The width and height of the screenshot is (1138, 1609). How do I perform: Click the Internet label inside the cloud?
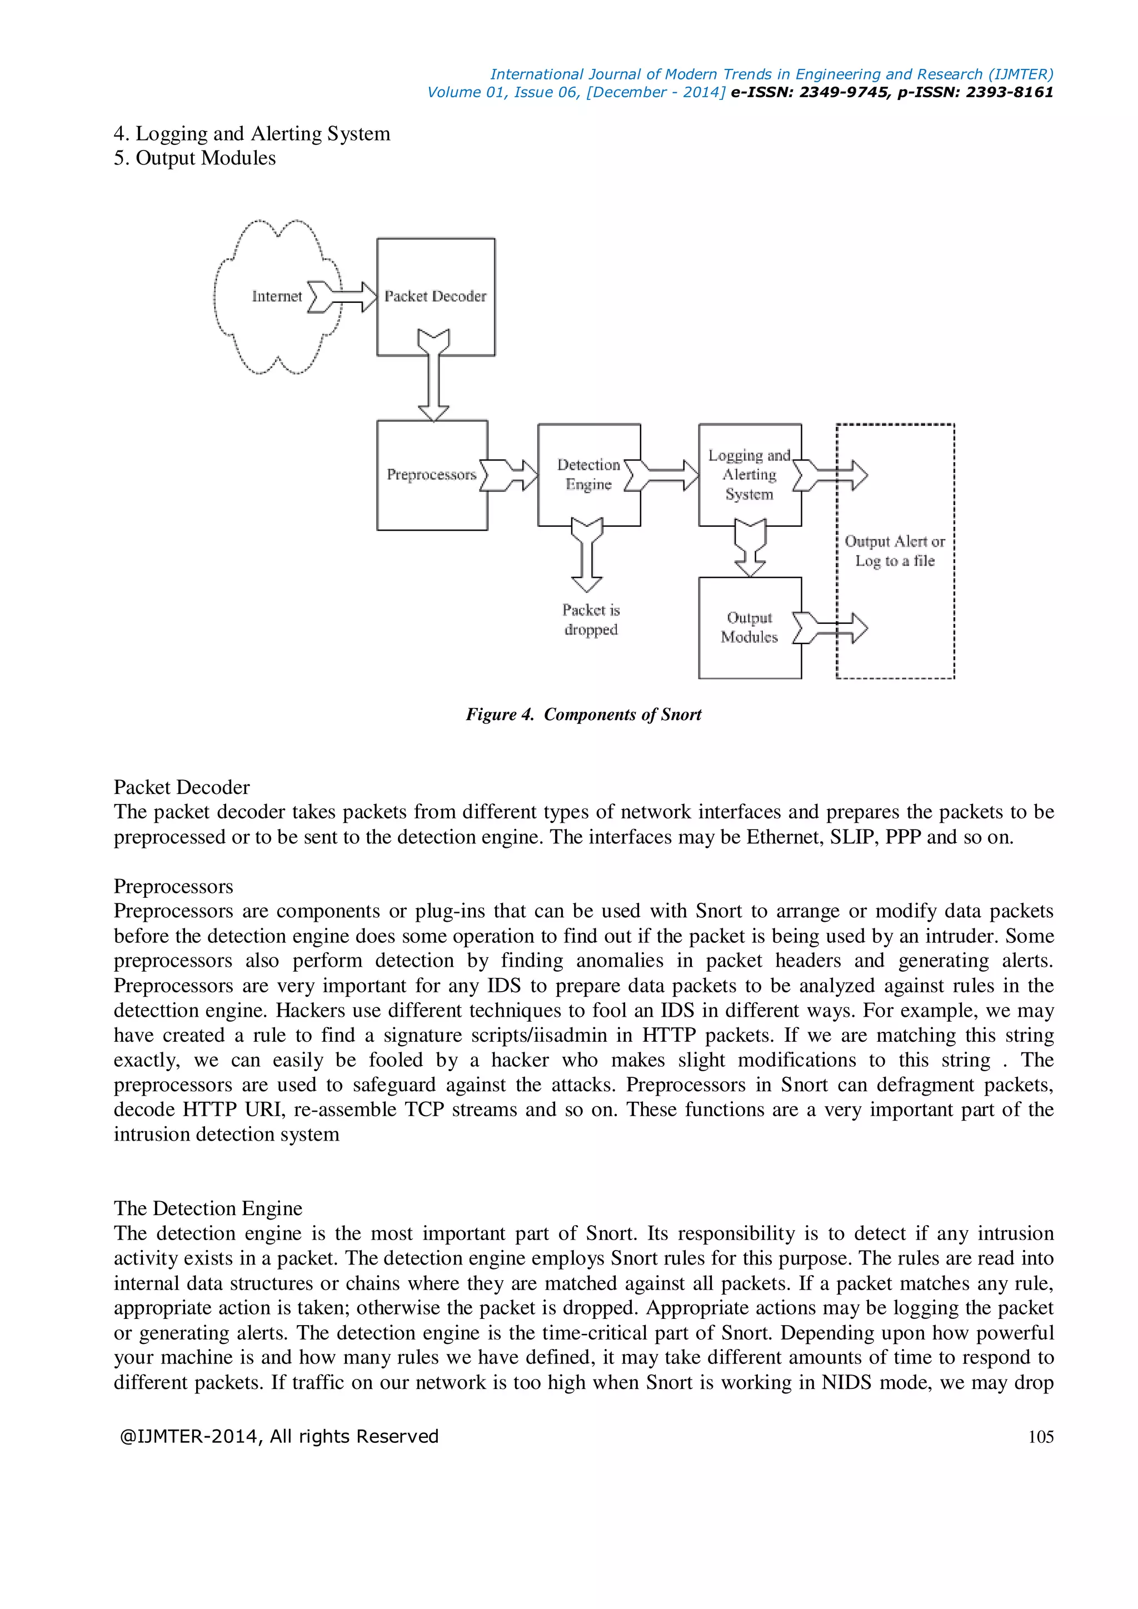click(277, 297)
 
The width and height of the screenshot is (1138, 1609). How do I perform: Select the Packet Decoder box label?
click(435, 297)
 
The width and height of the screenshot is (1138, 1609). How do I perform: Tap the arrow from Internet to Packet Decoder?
click(343, 297)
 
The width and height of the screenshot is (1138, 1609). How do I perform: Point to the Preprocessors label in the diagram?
click(431, 475)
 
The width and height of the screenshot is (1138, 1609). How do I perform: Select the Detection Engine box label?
click(588, 474)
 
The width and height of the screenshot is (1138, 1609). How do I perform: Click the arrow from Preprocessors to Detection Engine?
click(510, 475)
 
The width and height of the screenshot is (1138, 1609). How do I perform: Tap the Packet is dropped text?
click(591, 619)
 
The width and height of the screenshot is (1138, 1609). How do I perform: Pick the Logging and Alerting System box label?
click(749, 474)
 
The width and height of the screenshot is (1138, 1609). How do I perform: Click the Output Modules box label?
click(749, 627)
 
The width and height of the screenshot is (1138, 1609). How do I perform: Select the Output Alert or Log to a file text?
click(895, 551)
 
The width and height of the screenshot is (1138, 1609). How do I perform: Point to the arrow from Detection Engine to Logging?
click(662, 475)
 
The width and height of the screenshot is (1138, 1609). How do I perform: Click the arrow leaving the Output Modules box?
click(832, 628)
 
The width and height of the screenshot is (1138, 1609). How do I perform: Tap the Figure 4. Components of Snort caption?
click(583, 715)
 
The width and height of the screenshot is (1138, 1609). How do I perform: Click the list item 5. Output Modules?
click(195, 158)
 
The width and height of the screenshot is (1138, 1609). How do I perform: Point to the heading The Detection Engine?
click(208, 1208)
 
